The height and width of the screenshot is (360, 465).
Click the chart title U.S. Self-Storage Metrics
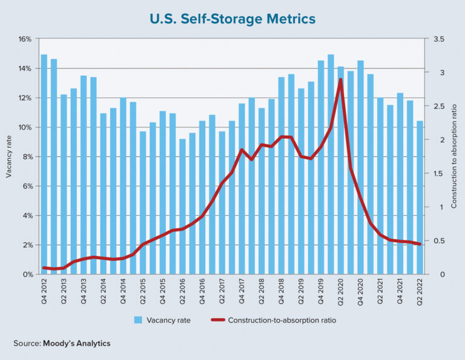[x=232, y=19]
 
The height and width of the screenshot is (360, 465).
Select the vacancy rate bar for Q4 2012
[x=44, y=164]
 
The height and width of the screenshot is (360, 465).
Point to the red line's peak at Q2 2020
[x=340, y=79]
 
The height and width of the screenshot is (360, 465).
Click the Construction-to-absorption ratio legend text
[x=282, y=319]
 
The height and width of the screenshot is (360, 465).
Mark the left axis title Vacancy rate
[x=8, y=157]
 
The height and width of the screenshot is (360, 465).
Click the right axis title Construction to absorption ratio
[x=455, y=157]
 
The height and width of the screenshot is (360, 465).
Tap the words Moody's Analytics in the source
[x=76, y=344]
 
